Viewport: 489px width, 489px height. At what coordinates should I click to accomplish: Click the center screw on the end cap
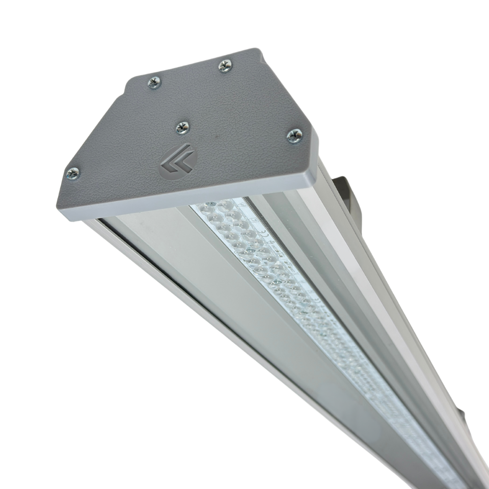[x=182, y=127]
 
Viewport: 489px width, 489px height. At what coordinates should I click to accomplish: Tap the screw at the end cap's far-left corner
[x=73, y=173]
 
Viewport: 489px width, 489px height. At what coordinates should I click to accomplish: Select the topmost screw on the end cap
[x=225, y=65]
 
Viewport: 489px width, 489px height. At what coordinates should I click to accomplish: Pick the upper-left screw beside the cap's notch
[x=154, y=82]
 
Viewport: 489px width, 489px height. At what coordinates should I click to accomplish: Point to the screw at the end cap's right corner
[x=294, y=135]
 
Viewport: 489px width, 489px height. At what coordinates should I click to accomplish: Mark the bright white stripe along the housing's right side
[x=357, y=255]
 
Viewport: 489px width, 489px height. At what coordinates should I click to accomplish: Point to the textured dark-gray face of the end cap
[x=229, y=112]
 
